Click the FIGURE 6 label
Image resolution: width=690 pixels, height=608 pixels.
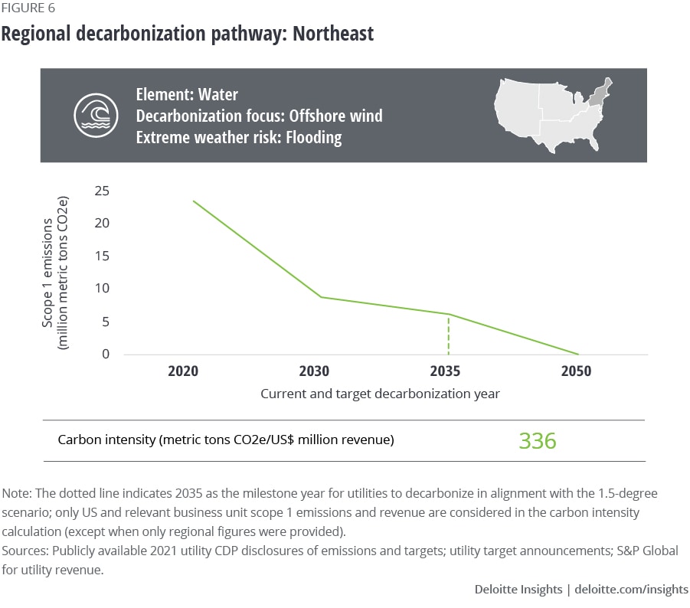pos(28,9)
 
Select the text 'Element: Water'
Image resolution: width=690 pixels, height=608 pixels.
pos(187,95)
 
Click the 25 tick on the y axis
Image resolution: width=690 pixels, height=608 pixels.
pos(102,191)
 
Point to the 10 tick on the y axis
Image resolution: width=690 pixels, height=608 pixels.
pos(102,289)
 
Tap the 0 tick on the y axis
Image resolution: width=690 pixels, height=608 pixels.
pos(106,355)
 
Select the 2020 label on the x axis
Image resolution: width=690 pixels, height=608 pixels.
pos(183,371)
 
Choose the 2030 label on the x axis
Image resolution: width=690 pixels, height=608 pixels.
pos(314,371)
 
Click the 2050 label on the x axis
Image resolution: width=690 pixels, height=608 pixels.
pos(576,371)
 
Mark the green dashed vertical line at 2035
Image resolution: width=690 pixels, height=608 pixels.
pos(448,335)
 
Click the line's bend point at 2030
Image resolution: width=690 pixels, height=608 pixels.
pos(321,297)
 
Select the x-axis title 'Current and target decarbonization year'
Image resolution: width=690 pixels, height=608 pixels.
pos(380,394)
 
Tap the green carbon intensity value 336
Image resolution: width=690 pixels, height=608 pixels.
pos(537,441)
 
